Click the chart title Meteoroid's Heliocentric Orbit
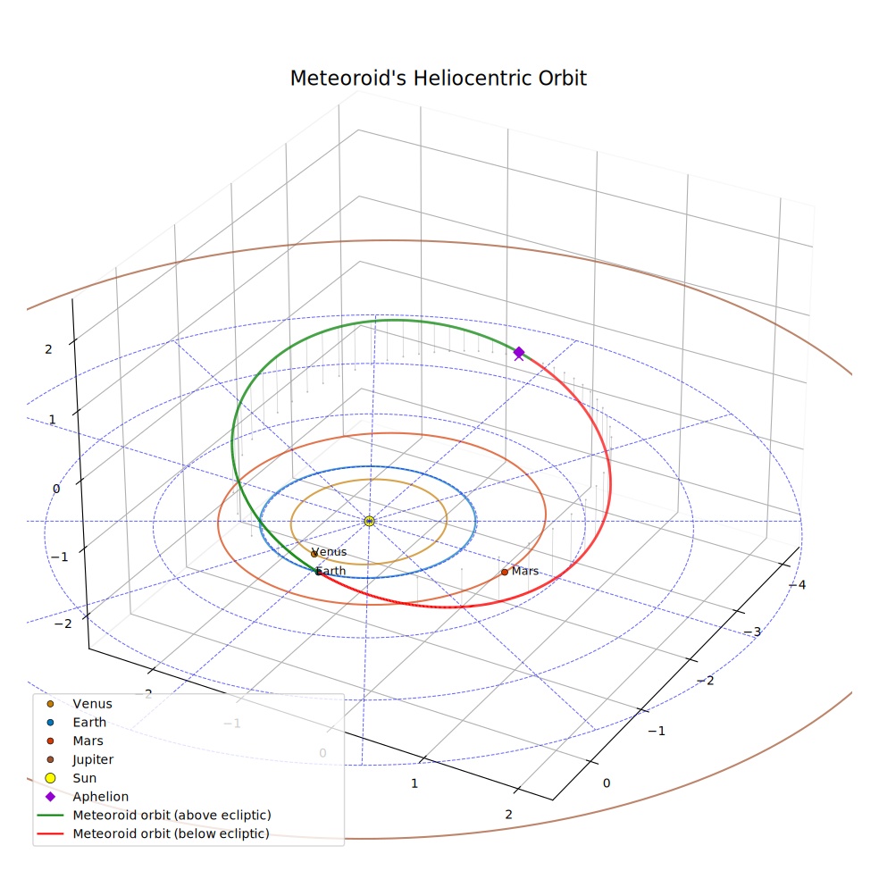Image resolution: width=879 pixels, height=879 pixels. click(x=439, y=78)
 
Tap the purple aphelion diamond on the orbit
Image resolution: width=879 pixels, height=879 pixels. click(x=519, y=352)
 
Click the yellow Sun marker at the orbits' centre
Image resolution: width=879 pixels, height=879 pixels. click(x=369, y=522)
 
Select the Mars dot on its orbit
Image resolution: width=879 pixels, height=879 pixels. click(x=505, y=572)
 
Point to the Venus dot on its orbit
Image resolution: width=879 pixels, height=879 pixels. click(x=314, y=554)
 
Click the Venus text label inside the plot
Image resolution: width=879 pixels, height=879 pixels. click(x=329, y=552)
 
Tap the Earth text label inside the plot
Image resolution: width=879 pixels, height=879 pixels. click(x=331, y=571)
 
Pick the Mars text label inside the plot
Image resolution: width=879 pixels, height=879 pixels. click(x=525, y=571)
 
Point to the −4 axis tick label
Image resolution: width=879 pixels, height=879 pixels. click(x=797, y=585)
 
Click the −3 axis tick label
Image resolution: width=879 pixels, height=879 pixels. click(x=752, y=632)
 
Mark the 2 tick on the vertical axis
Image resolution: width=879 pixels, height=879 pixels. click(x=48, y=349)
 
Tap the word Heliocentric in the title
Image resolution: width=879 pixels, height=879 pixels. click(x=473, y=78)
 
